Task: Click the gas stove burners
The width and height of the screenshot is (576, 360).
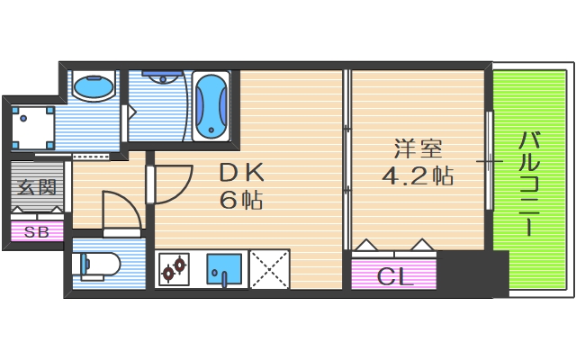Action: pyautogui.click(x=174, y=267)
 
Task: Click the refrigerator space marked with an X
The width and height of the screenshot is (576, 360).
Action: pyautogui.click(x=269, y=267)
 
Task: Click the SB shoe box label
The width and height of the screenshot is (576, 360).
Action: pyautogui.click(x=37, y=231)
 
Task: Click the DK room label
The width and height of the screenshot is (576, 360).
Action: pyautogui.click(x=239, y=171)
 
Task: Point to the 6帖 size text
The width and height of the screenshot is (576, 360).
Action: pyautogui.click(x=240, y=200)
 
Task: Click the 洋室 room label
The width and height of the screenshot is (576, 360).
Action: pyautogui.click(x=417, y=146)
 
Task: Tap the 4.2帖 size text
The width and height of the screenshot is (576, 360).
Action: pyautogui.click(x=417, y=175)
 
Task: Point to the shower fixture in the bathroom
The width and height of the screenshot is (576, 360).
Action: pyautogui.click(x=162, y=80)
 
